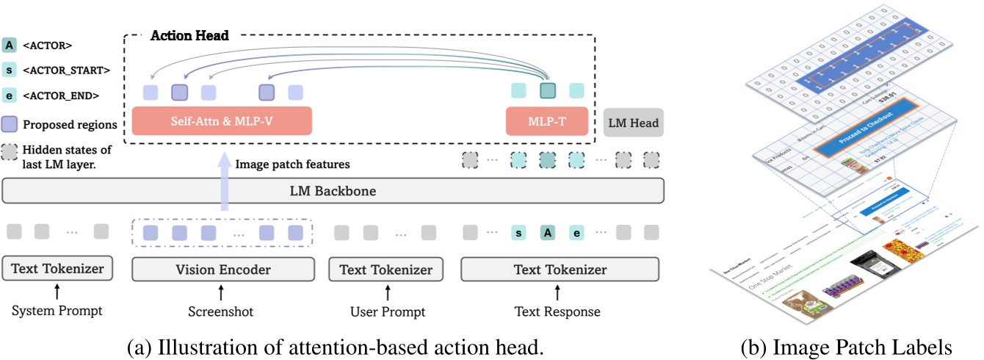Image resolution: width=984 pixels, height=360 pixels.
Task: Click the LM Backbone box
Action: coord(333,190)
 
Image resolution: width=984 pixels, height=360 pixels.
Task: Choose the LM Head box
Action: coord(634,123)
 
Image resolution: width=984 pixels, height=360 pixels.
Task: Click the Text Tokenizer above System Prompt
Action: coord(57,270)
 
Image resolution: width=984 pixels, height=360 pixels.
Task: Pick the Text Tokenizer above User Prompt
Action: coord(386,270)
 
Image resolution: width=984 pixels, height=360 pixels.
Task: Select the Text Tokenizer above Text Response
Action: coord(561,270)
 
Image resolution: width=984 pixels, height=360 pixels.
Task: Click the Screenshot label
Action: coord(221,312)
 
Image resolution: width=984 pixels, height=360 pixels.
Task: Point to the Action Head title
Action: coord(189,35)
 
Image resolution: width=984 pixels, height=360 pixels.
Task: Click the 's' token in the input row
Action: coord(519,233)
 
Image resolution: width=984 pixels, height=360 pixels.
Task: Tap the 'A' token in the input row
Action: coord(547,233)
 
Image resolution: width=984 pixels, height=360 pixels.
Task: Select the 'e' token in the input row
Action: coord(576,233)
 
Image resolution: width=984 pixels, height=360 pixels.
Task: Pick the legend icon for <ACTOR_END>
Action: coord(10,96)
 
